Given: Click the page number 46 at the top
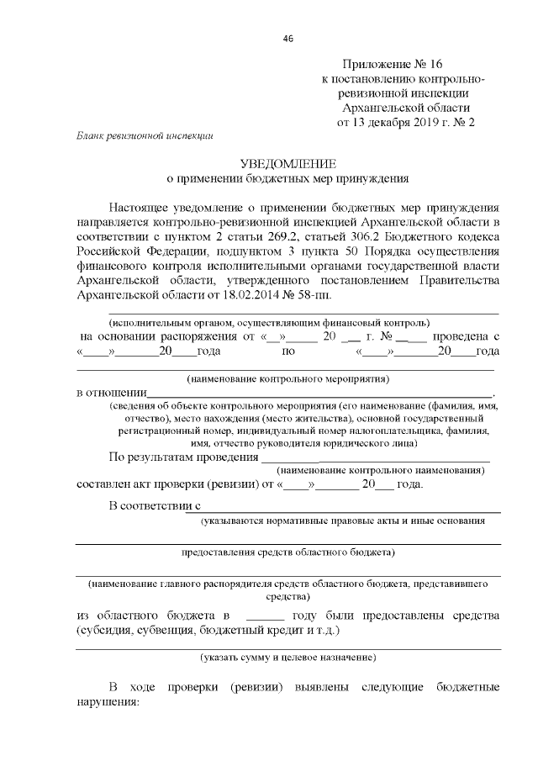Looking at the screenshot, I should tap(288, 39).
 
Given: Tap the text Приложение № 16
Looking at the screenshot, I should tap(392, 64).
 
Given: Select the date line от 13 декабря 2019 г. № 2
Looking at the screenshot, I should tap(406, 122).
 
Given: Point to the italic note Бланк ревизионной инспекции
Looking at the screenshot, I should tap(145, 135).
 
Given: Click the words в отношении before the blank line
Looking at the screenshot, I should tap(112, 393).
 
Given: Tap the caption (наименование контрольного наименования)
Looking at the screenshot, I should tap(380, 471).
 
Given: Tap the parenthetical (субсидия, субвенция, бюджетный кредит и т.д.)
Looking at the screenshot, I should tap(208, 629).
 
